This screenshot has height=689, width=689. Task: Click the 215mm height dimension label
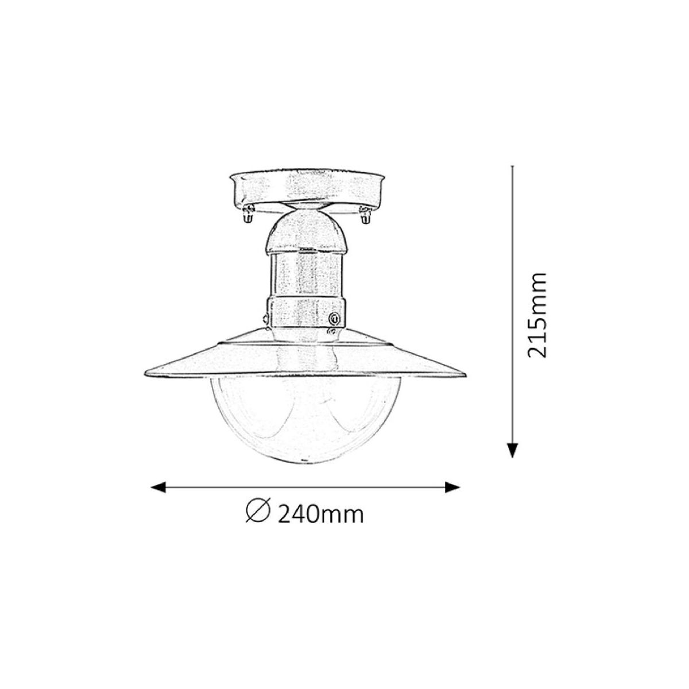pyautogui.click(x=537, y=316)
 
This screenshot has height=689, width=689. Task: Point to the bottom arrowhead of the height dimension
pyautogui.click(x=512, y=450)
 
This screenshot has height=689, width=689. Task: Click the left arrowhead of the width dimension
pyautogui.click(x=158, y=487)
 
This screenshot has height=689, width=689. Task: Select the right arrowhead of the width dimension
pyautogui.click(x=452, y=487)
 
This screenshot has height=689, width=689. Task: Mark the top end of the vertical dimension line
pyautogui.click(x=512, y=166)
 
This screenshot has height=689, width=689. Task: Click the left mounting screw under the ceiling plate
pyautogui.click(x=247, y=215)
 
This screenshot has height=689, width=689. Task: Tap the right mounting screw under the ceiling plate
pyautogui.click(x=365, y=215)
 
